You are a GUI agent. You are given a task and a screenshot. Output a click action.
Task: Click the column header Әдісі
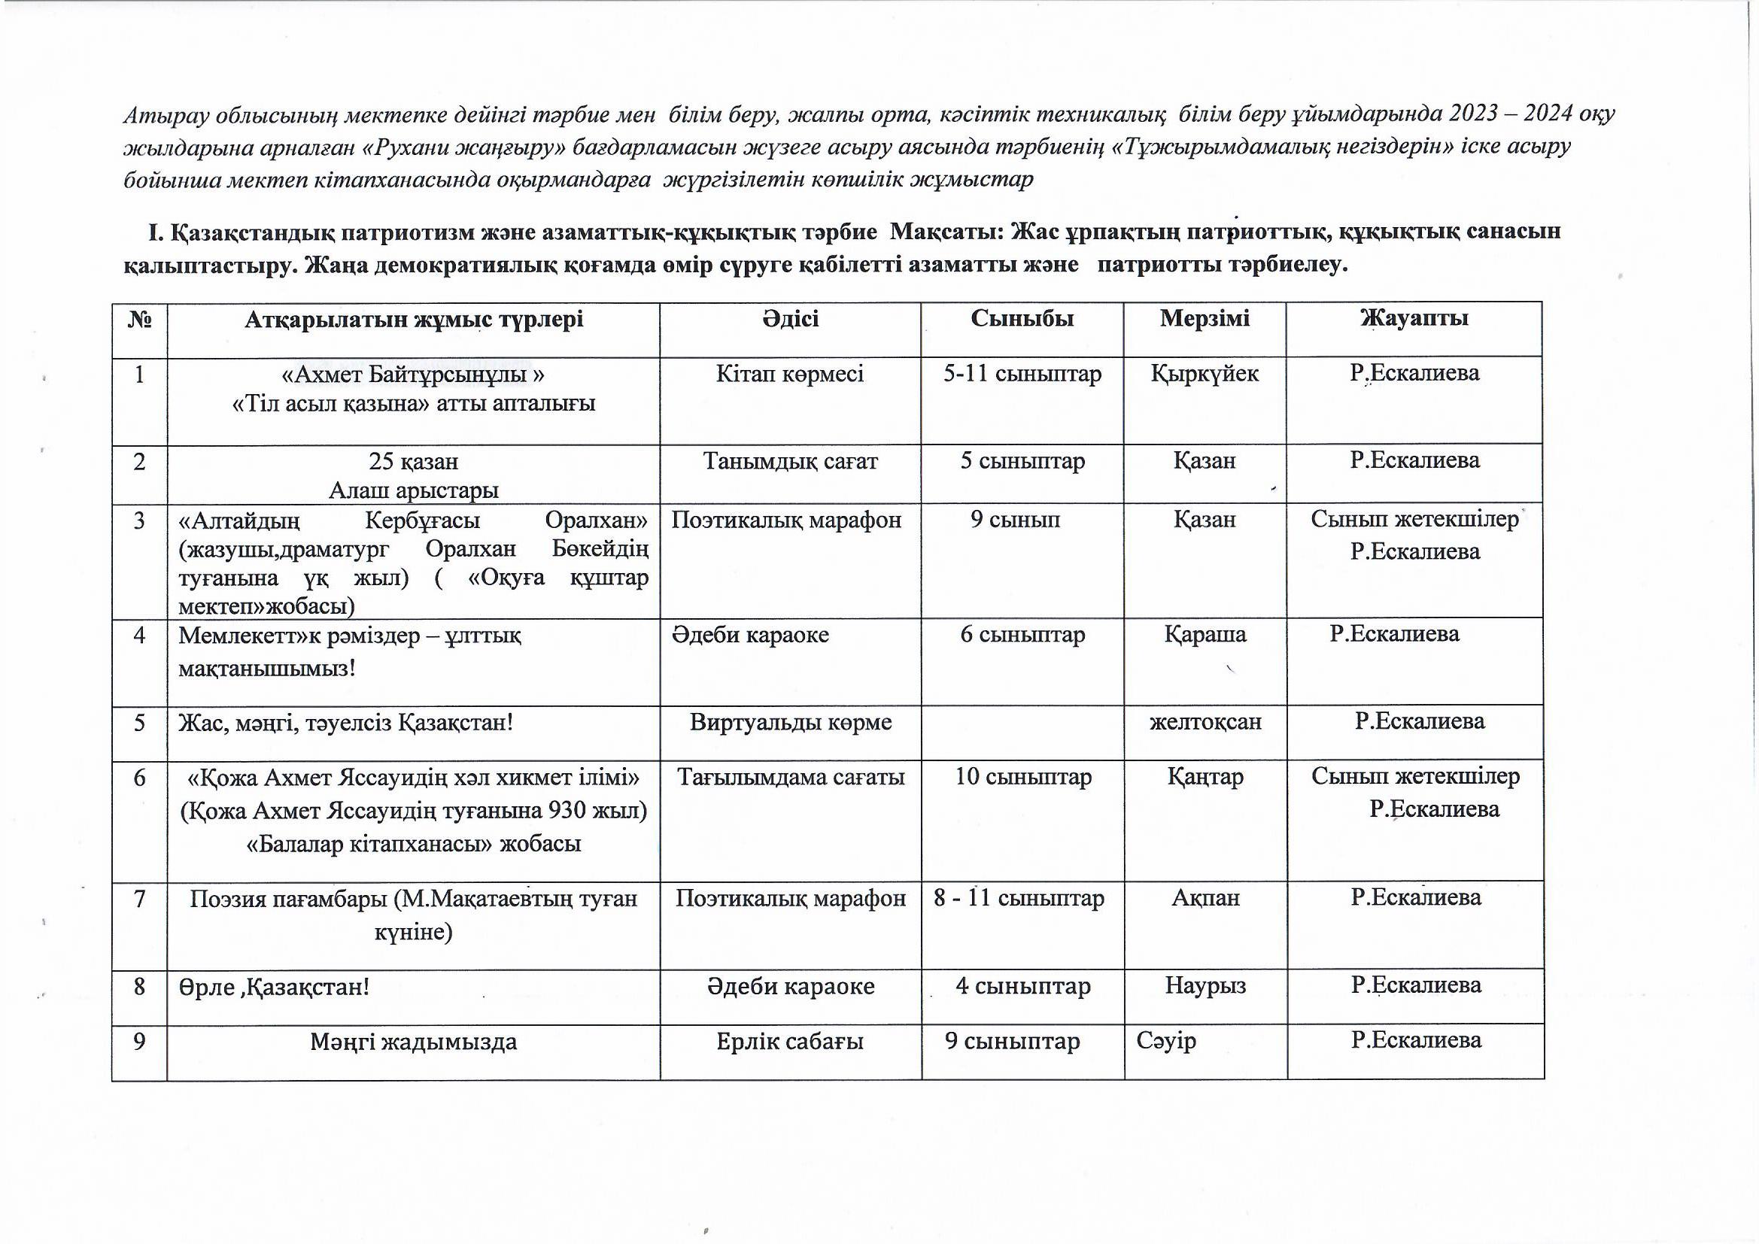(791, 319)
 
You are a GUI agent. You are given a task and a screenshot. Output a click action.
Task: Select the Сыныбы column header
(1022, 319)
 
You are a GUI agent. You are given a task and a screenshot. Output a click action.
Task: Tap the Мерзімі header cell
(1205, 319)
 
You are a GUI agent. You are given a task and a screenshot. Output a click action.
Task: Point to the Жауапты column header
(1414, 319)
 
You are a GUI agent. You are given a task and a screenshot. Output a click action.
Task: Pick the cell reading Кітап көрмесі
(790, 374)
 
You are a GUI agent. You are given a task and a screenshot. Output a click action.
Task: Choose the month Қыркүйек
(1205, 374)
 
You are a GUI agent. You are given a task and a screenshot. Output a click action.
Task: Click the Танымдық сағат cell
(790, 461)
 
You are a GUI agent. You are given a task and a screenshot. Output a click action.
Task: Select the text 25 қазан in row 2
(413, 462)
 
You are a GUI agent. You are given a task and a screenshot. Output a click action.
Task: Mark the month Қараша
(1205, 635)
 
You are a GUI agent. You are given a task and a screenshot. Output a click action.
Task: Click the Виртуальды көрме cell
(791, 722)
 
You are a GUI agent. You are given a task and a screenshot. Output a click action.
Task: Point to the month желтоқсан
(1205, 722)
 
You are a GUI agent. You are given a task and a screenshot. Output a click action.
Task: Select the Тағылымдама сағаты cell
(791, 778)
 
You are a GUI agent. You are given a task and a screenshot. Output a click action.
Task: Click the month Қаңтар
(1205, 778)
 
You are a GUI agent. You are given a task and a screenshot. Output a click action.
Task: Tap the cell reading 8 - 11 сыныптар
(1019, 899)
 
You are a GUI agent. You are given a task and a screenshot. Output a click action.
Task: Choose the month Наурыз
(1205, 986)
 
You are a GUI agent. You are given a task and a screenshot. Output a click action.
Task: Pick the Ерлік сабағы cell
(790, 1042)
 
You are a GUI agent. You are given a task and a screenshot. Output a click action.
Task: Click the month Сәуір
(1166, 1042)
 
